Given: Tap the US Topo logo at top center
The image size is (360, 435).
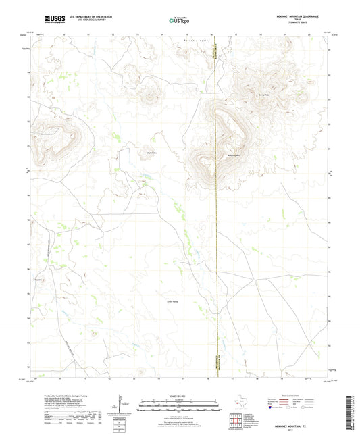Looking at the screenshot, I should pos(177,21).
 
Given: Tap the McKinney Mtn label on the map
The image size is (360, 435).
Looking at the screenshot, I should pos(234,156).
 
